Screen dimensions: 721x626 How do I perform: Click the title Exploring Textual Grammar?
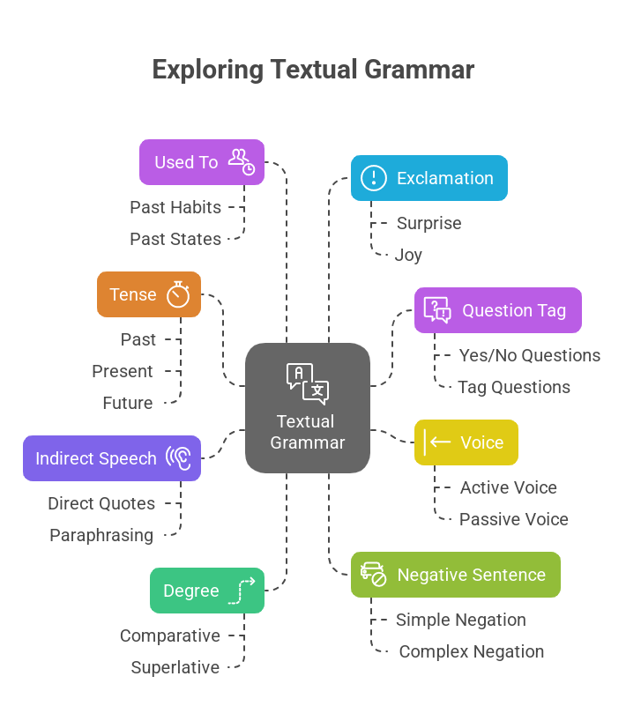point(313,70)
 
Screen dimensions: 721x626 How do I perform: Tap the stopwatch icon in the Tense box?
point(178,294)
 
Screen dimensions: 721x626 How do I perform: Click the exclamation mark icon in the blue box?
point(374,178)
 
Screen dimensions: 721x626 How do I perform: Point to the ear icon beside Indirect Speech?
point(179,458)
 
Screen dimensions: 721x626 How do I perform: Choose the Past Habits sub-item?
point(175,207)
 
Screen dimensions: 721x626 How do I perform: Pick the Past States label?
point(175,239)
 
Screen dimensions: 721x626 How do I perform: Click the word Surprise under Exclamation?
point(429,223)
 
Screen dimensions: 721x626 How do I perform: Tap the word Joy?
point(409,255)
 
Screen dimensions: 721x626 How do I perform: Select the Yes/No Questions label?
point(529,355)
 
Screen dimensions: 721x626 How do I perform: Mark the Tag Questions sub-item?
point(514,387)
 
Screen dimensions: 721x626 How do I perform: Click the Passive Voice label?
point(514,519)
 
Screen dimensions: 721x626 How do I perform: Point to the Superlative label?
point(175,667)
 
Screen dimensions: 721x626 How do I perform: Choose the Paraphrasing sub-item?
point(101,535)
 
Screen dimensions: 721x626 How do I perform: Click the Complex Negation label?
point(472,651)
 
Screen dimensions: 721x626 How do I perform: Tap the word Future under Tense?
point(128,403)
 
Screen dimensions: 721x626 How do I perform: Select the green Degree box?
point(207,591)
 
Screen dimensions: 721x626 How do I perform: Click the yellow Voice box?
point(466,442)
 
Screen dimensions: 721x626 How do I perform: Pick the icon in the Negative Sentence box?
point(374,575)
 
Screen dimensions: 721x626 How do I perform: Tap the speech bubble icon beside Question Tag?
point(437,309)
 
